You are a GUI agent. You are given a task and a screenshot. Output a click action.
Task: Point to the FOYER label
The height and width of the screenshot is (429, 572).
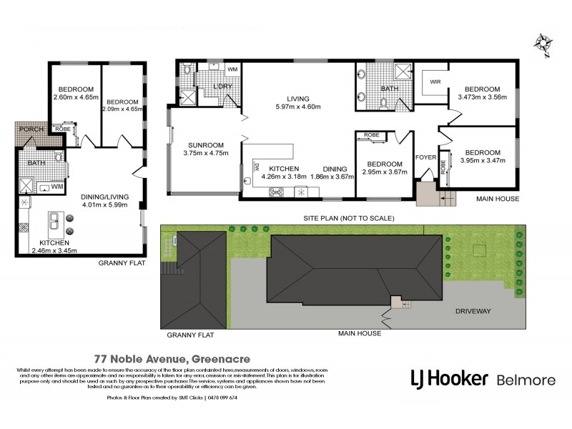pyautogui.click(x=425, y=158)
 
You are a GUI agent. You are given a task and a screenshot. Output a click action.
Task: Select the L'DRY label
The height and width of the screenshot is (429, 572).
pyautogui.click(x=220, y=87)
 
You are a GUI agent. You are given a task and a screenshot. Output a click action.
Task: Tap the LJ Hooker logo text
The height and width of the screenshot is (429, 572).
pyautogui.click(x=449, y=378)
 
